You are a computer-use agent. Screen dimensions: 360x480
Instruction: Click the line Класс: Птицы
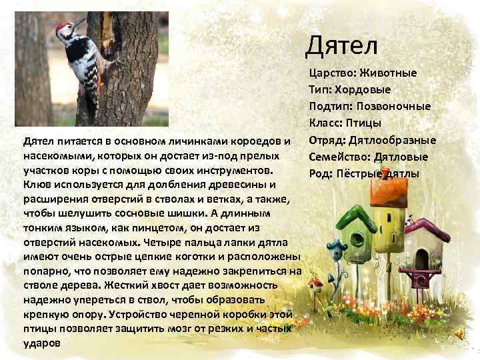coord(345,123)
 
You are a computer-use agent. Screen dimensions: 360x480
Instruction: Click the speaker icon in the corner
coord(460,334)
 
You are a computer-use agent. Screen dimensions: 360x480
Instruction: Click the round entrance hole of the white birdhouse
coord(422,253)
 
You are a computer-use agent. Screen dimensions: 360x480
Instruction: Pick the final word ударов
coord(41,343)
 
